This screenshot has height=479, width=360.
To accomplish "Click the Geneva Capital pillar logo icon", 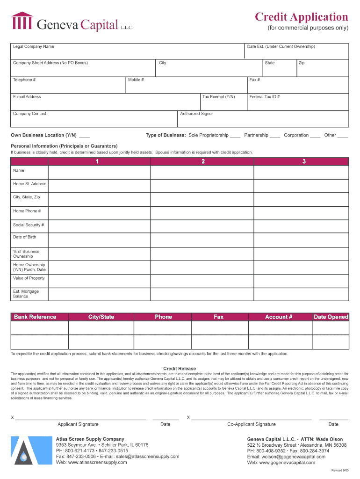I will [22, 22].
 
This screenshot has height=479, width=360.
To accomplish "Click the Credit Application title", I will [301, 17].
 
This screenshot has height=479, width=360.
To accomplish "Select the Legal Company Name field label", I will [34, 47].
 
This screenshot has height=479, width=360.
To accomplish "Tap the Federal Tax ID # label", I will [265, 97].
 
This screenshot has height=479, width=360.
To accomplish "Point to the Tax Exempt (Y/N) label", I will [218, 97].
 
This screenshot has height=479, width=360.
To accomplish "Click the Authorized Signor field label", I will [196, 114].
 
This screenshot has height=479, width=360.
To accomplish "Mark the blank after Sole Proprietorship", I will [235, 136].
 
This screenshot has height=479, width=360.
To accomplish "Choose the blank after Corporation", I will [315, 136].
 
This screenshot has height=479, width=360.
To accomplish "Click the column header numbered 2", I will [203, 161].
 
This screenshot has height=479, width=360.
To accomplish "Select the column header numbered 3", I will [304, 161].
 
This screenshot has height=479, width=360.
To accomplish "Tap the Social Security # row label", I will [29, 225].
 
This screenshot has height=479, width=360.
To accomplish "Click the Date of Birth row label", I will [25, 237].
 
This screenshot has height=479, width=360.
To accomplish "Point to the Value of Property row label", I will [29, 278].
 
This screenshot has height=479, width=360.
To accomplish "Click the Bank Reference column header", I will [35, 317].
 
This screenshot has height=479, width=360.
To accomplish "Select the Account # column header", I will [279, 317].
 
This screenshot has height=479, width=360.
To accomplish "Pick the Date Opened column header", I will [331, 317].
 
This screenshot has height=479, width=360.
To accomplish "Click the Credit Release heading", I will [180, 369].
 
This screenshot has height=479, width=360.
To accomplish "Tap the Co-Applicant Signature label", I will [252, 424].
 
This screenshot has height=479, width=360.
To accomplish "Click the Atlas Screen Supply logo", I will [22, 450].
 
